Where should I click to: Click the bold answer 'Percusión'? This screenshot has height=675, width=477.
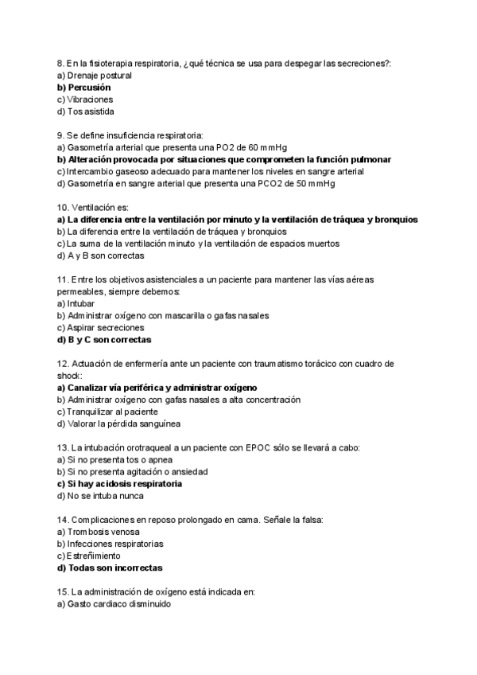point(89,88)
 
